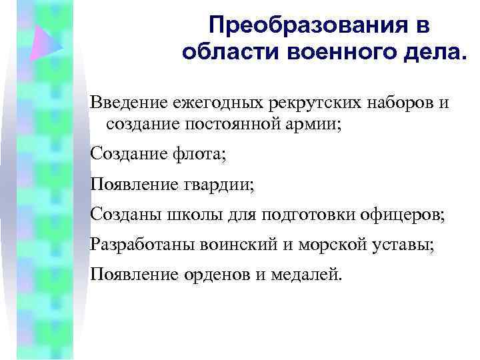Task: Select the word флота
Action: click(x=202, y=155)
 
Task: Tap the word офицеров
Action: click(x=401, y=215)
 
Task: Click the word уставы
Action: click(x=409, y=245)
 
